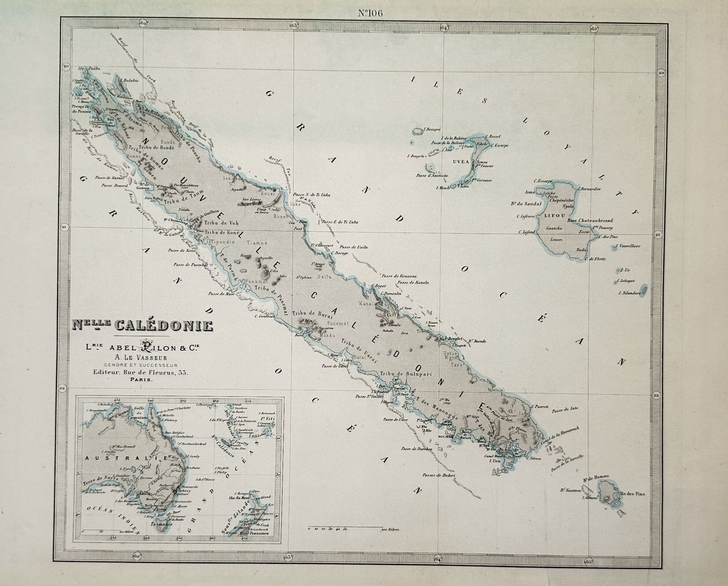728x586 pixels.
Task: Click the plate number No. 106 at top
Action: [x=370, y=13]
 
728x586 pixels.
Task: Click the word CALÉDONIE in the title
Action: [x=164, y=326]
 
